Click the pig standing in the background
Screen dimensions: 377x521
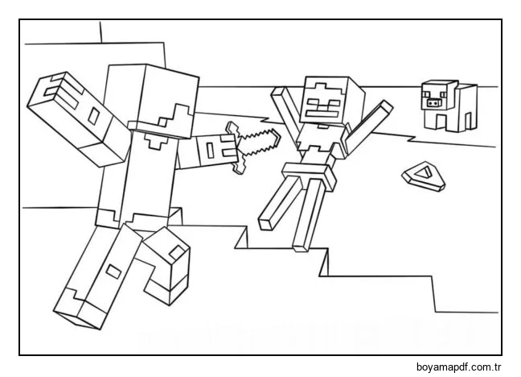[447, 105]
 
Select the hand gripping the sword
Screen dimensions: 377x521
[215, 150]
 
